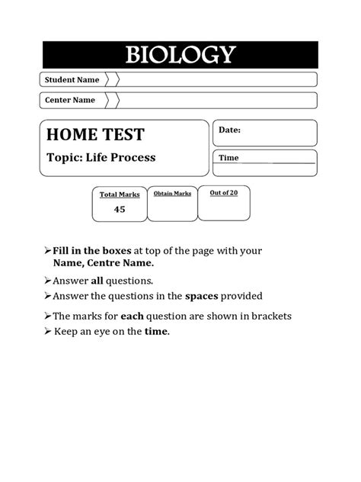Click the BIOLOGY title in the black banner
click(180, 55)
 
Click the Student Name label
click(72, 79)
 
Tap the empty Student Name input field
click(217, 79)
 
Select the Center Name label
click(70, 100)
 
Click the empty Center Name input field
click(217, 100)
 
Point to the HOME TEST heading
click(95, 136)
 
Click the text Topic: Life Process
click(101, 158)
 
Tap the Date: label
click(230, 130)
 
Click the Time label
click(229, 158)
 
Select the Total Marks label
click(120, 195)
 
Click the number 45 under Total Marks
click(120, 209)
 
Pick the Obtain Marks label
click(172, 194)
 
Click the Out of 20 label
click(224, 193)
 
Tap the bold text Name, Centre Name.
click(103, 262)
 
